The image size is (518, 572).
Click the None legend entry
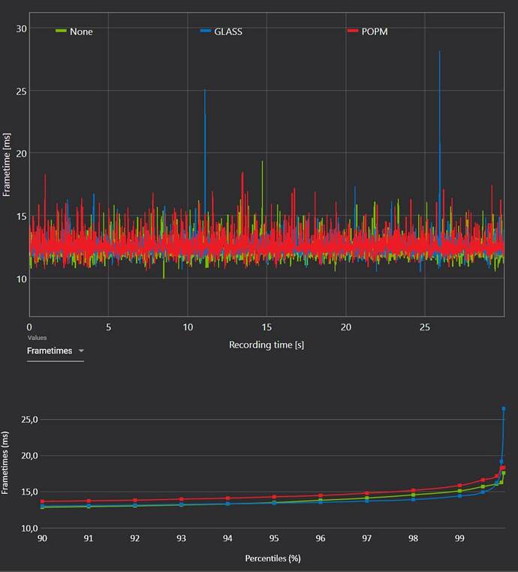(x=74, y=32)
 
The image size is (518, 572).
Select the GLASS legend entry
(x=221, y=32)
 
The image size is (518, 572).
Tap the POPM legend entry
(x=368, y=32)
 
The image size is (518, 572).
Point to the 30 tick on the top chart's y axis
(x=21, y=29)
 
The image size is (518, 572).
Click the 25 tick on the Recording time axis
(x=425, y=327)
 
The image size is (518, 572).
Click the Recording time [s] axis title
(x=267, y=345)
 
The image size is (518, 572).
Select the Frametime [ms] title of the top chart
(x=6, y=165)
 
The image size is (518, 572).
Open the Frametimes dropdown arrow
(x=81, y=351)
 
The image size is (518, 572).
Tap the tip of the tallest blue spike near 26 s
(x=440, y=51)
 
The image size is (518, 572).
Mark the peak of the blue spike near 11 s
(x=205, y=89)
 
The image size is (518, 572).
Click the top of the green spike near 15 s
(x=262, y=161)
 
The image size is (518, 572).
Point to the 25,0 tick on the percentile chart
(x=29, y=420)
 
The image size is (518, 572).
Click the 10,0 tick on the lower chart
(x=29, y=528)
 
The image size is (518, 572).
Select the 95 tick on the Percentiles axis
(x=274, y=538)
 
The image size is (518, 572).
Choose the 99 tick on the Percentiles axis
(x=459, y=538)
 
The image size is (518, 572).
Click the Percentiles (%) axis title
(x=273, y=558)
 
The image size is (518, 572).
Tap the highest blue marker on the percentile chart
(x=504, y=409)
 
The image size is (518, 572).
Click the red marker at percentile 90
(x=42, y=501)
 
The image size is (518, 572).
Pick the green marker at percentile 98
(x=414, y=495)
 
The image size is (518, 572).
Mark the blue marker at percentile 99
(x=459, y=496)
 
